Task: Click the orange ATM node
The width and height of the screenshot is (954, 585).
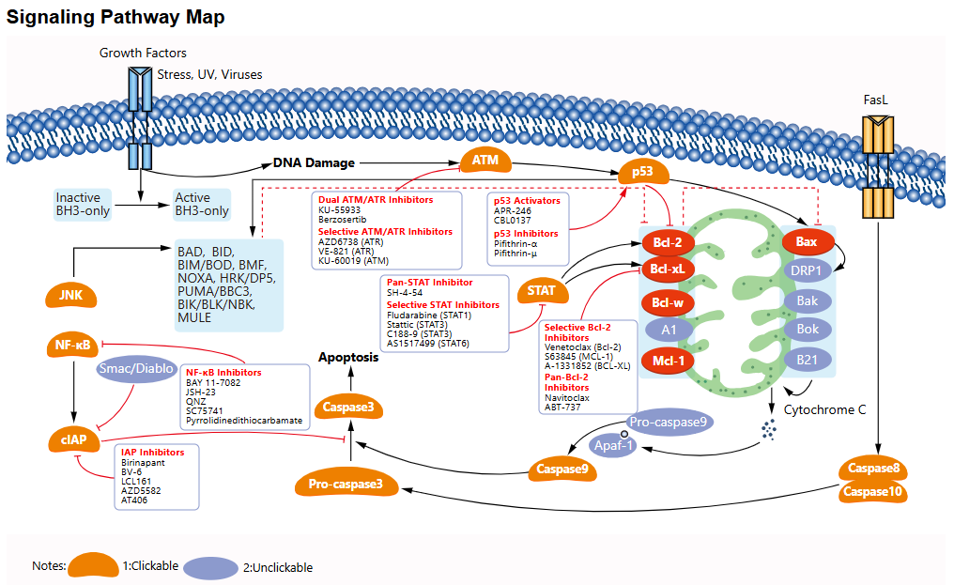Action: [x=485, y=161]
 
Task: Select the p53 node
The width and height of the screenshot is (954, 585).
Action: [x=643, y=173]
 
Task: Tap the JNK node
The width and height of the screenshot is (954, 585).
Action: [x=70, y=298]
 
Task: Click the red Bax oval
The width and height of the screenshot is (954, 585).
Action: [x=807, y=242]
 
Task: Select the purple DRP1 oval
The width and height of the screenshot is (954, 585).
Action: [x=808, y=270]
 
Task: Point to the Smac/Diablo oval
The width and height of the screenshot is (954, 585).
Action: [x=136, y=369]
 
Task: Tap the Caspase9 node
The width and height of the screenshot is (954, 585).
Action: [x=562, y=468]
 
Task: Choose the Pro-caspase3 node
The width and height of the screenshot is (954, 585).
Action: [x=346, y=485]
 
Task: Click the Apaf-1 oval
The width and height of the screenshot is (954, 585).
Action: [x=611, y=445]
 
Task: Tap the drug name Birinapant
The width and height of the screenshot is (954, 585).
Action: [x=143, y=463]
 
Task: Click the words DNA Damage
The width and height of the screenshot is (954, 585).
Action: [x=314, y=163]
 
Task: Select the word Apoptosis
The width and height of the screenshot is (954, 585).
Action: [x=347, y=358]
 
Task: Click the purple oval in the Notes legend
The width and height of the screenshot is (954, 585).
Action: [x=211, y=566]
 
